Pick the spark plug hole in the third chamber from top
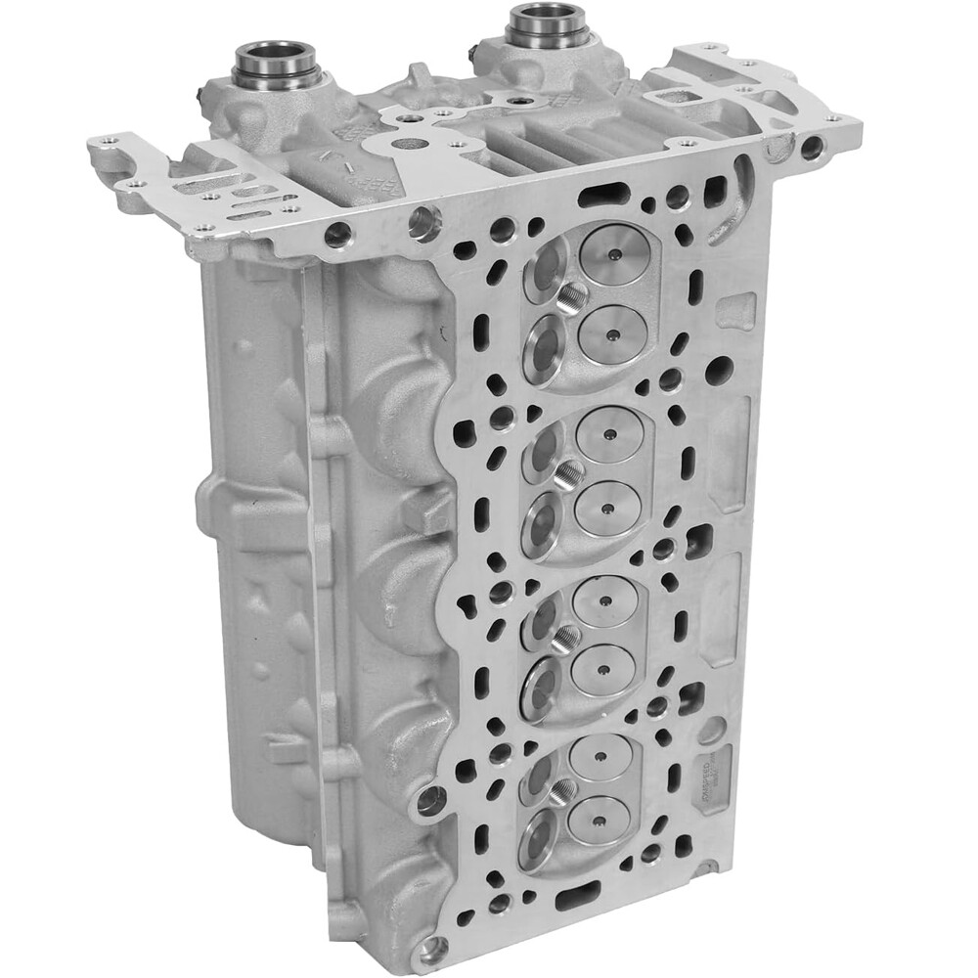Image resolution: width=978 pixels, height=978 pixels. pyautogui.click(x=563, y=640)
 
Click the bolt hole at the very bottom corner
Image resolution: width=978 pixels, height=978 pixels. pyautogui.click(x=429, y=948)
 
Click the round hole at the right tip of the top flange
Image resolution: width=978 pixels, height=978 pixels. pyautogui.click(x=813, y=149)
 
